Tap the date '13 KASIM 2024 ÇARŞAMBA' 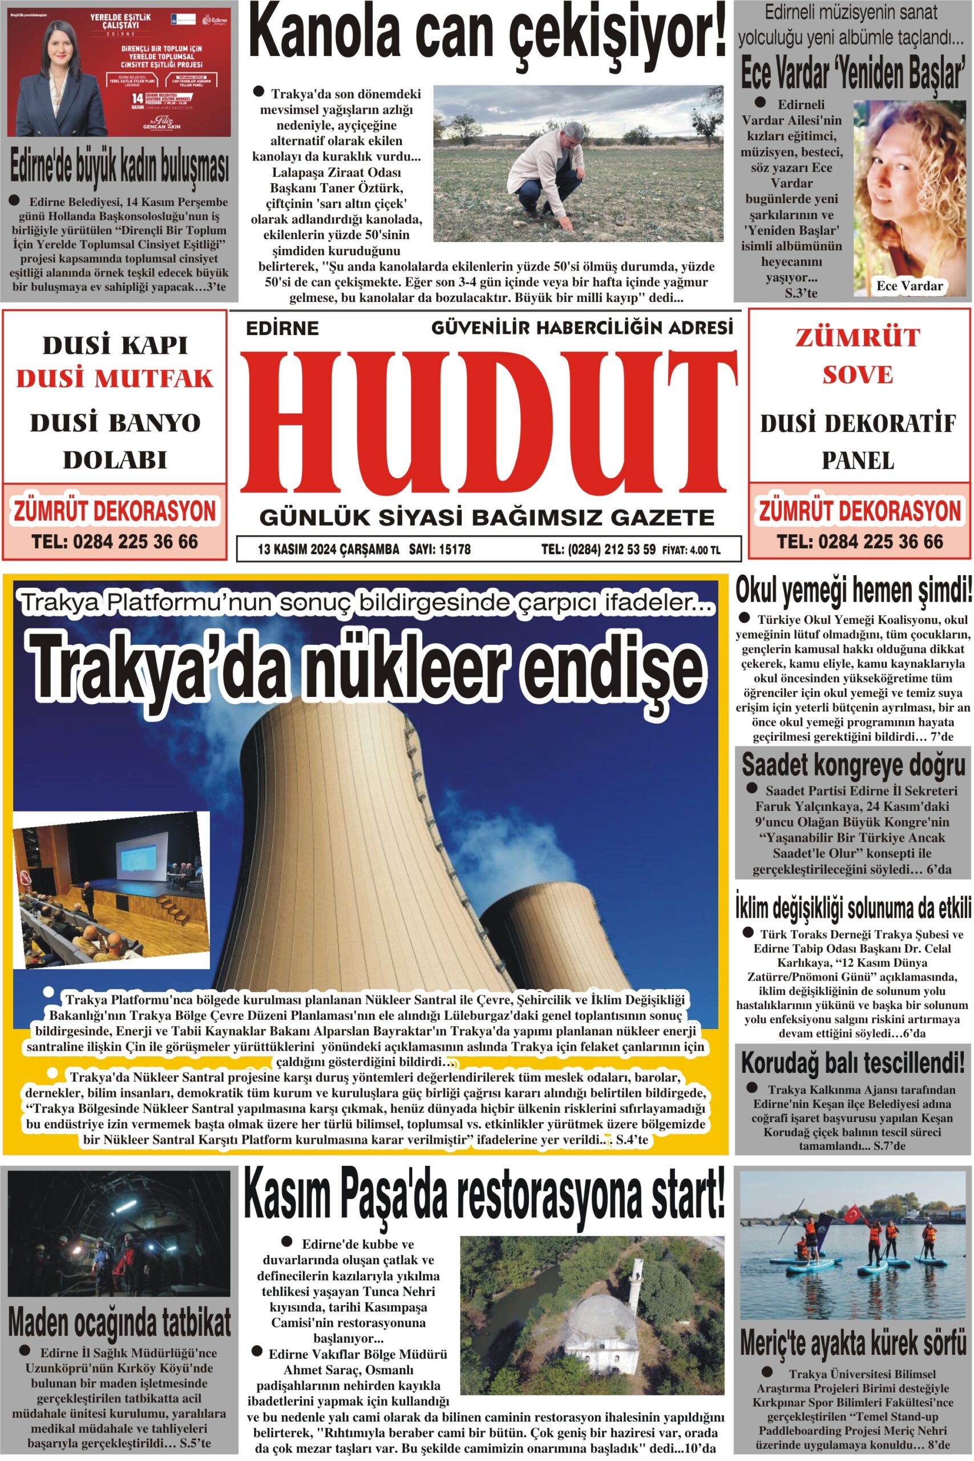pyautogui.click(x=328, y=549)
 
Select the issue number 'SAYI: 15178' pyautogui.click(x=439, y=549)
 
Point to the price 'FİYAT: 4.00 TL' pyautogui.click(x=691, y=550)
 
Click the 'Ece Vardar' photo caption pyautogui.click(x=909, y=286)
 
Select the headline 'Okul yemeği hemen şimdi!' pyautogui.click(x=853, y=590)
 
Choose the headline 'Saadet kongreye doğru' pyautogui.click(x=853, y=765)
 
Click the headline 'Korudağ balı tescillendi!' pyautogui.click(x=853, y=1063)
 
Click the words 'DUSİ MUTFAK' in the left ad pyautogui.click(x=115, y=378)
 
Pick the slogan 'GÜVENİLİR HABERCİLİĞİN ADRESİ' pyautogui.click(x=582, y=328)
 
